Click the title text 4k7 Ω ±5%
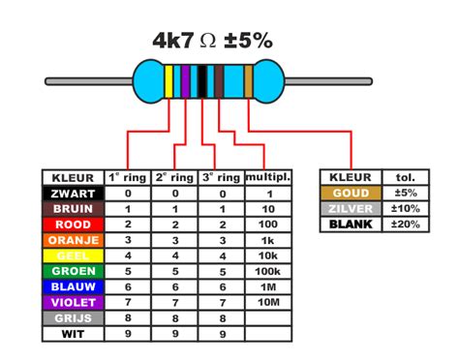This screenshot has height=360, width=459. pos(212,40)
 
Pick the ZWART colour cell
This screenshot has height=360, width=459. pos(73,194)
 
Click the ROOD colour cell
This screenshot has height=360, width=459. pos(73,225)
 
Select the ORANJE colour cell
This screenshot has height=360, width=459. pos(73,240)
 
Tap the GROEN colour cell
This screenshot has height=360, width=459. pos(73,271)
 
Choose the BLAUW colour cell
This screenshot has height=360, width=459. pos(73,287)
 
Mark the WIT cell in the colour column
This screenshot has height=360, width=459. pos(73,334)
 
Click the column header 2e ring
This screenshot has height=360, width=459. pos(175,177)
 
